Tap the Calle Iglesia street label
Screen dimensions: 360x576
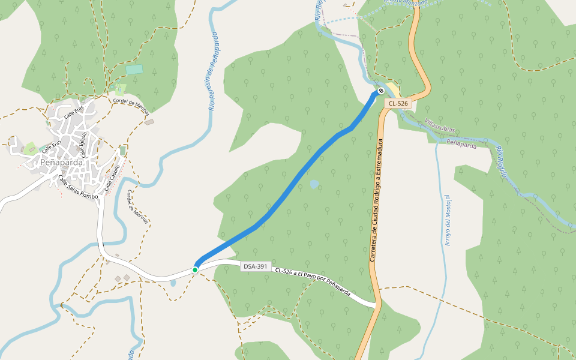84,144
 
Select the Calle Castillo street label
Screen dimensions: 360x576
113,178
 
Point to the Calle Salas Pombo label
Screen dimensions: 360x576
77,188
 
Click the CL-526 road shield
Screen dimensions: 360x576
398,104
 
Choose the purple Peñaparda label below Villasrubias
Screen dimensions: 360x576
461,145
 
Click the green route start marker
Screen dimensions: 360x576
195,270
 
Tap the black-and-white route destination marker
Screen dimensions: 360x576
380,91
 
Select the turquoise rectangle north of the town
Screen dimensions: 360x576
134,70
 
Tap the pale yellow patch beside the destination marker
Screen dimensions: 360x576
393,91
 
